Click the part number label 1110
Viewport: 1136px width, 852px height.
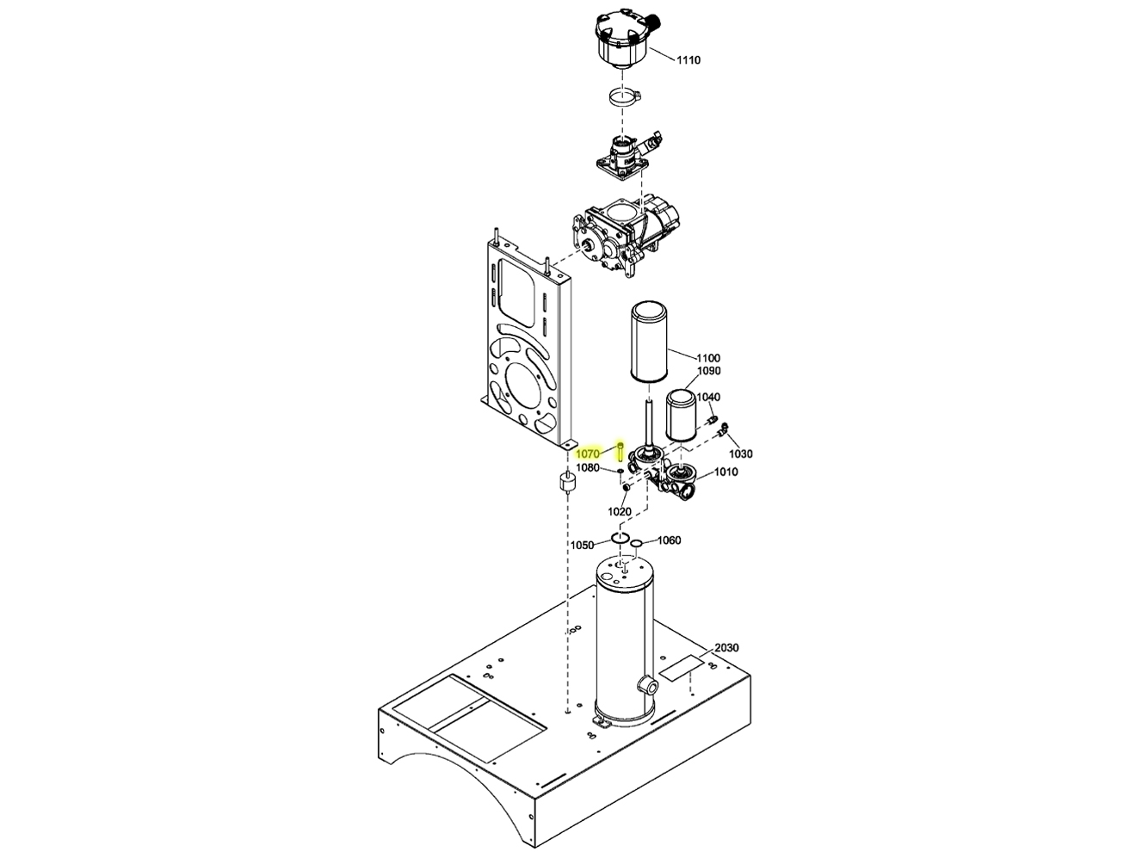688,60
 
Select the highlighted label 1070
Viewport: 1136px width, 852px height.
588,454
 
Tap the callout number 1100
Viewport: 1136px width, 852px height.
708,358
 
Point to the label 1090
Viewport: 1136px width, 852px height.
708,371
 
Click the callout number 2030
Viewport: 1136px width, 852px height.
726,648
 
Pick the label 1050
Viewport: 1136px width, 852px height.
582,546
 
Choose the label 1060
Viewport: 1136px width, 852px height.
669,540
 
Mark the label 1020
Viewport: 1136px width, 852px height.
620,511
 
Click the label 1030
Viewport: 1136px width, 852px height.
740,454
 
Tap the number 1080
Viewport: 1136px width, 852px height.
588,468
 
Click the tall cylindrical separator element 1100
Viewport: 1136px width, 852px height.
654,343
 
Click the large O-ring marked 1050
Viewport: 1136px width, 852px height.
620,539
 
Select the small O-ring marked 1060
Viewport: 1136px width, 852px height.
636,543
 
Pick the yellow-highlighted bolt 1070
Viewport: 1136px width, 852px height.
620,450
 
